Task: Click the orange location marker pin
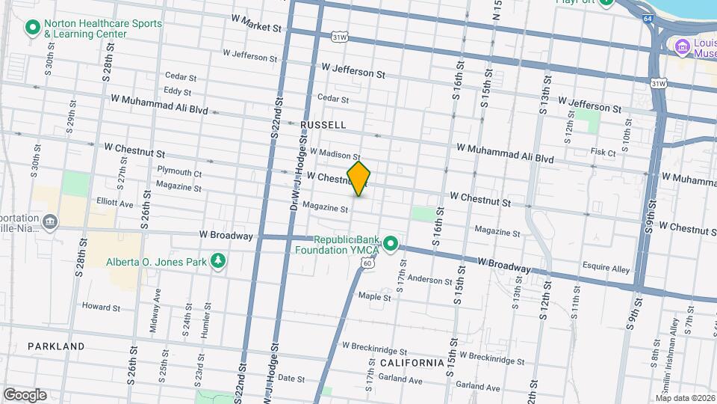click(x=358, y=179)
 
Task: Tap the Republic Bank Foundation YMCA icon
click(x=390, y=244)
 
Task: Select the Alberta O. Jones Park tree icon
click(x=218, y=260)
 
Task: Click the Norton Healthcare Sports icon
click(x=32, y=29)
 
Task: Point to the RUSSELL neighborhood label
click(x=323, y=124)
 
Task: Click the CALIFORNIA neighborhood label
click(x=412, y=363)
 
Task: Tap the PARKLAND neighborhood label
click(x=56, y=346)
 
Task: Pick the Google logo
click(x=24, y=394)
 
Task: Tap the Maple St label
click(x=374, y=297)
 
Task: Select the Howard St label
click(x=101, y=307)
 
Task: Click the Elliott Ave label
click(x=114, y=203)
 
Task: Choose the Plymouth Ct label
click(x=179, y=173)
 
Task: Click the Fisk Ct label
click(x=602, y=153)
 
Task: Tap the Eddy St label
click(x=177, y=91)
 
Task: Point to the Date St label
click(x=292, y=379)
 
